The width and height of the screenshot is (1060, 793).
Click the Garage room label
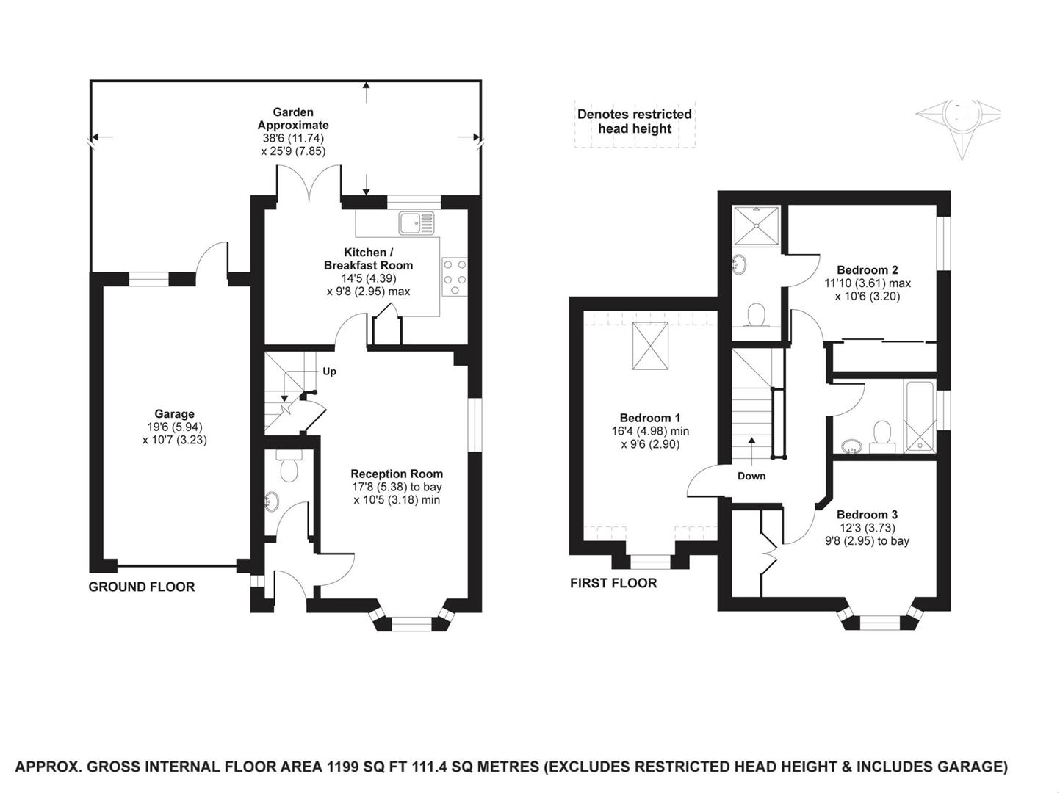[174, 413]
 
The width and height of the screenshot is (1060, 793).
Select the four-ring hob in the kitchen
[454, 277]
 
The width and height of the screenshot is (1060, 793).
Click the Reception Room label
[397, 474]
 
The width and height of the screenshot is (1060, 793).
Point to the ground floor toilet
[289, 468]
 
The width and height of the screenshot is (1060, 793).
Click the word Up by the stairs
[330, 372]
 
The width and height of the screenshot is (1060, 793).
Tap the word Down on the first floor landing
[751, 476]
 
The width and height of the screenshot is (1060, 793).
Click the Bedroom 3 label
[867, 514]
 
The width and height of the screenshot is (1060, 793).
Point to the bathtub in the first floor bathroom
[920, 416]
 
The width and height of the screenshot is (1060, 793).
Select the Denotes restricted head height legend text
[634, 121]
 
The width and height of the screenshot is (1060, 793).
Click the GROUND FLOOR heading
[142, 587]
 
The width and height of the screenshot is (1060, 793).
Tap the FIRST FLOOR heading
[613, 583]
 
